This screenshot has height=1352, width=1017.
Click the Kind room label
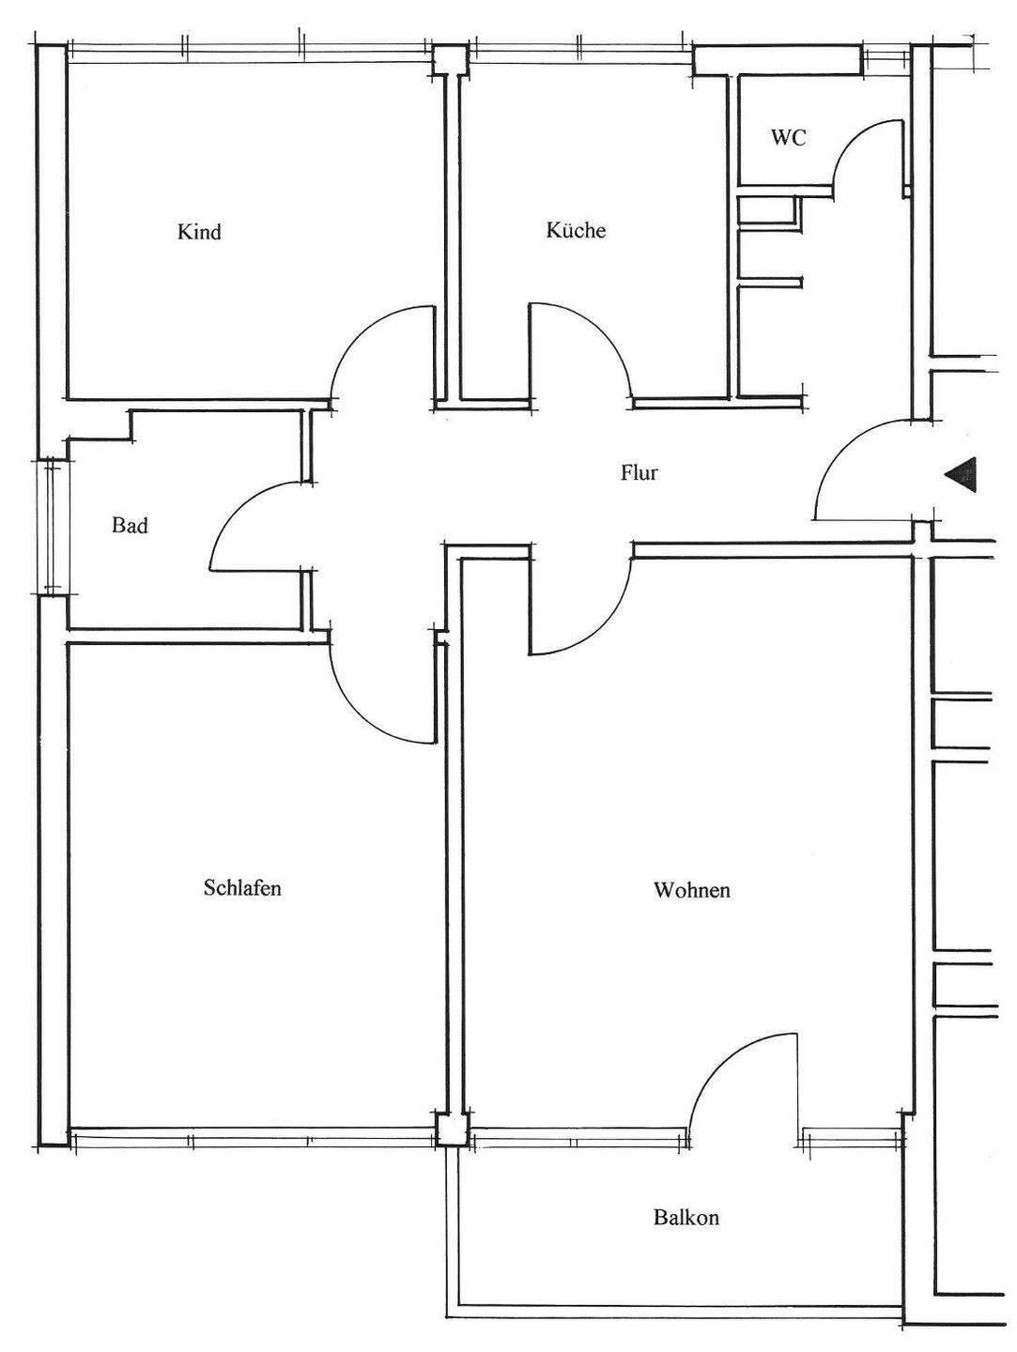(199, 232)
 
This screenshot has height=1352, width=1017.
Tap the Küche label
(576, 230)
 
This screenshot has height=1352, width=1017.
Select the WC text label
(789, 137)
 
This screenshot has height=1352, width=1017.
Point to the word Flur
(639, 472)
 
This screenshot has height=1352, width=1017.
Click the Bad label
(130, 526)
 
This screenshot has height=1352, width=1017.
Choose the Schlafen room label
(242, 887)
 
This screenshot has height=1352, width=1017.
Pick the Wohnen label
(692, 890)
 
